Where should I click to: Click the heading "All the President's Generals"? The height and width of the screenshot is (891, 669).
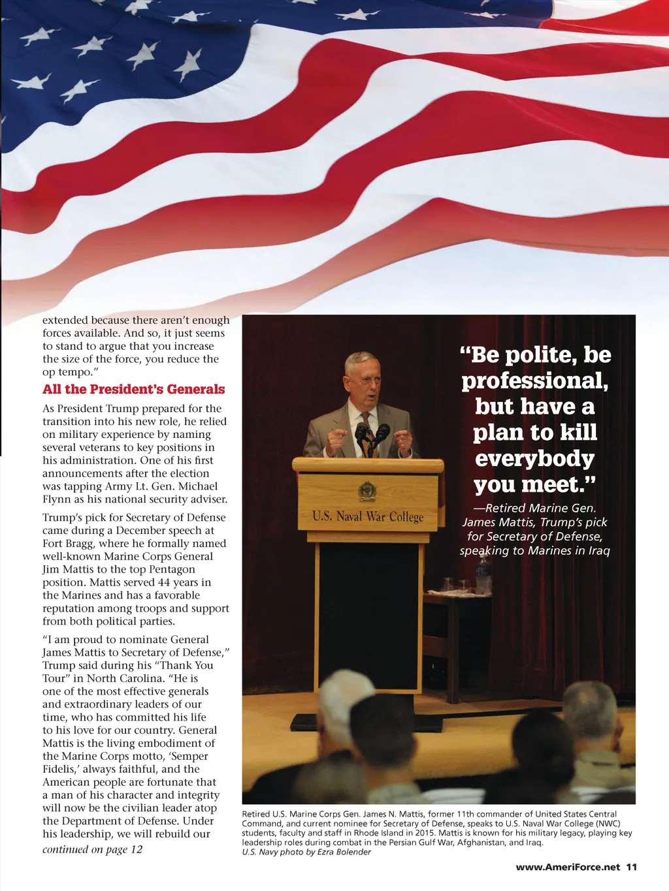(x=133, y=390)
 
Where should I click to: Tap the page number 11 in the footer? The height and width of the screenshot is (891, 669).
(x=631, y=867)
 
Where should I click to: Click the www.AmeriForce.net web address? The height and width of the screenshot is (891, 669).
(x=567, y=867)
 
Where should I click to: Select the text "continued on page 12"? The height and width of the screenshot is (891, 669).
(x=92, y=849)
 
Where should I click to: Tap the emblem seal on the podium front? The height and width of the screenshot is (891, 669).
(x=367, y=491)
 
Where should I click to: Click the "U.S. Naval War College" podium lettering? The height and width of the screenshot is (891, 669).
(x=368, y=516)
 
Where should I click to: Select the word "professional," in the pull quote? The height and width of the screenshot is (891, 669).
(x=534, y=381)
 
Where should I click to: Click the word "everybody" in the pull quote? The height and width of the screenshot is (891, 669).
(x=534, y=458)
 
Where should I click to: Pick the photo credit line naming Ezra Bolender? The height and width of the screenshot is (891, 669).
(x=306, y=852)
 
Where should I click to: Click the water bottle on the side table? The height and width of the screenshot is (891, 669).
(x=483, y=574)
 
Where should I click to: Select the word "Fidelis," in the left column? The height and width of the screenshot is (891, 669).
(x=61, y=769)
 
